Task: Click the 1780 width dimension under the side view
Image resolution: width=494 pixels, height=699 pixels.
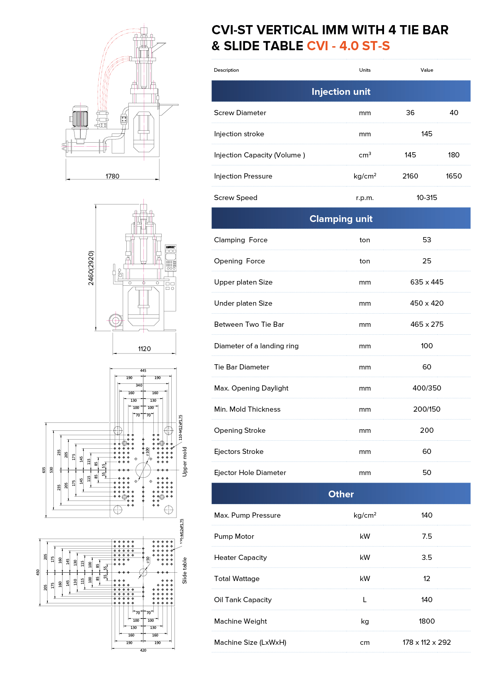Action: [112, 176]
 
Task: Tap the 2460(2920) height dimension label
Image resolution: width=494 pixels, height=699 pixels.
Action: [91, 268]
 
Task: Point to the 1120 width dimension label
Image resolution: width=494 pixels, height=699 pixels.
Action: [144, 349]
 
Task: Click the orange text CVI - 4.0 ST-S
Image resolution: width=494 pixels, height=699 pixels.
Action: [348, 46]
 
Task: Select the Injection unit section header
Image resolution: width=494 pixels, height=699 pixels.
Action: [341, 92]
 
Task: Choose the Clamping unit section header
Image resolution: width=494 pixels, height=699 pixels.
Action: [341, 219]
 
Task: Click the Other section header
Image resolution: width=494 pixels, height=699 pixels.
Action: [341, 494]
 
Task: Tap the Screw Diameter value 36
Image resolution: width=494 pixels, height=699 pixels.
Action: [410, 113]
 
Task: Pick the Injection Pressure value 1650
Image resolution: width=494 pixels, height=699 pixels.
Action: [453, 176]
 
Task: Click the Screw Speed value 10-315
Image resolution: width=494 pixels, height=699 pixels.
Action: [427, 198]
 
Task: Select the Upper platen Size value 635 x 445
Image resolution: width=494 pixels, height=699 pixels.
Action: [427, 282]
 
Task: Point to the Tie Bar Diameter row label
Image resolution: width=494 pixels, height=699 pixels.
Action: [241, 367]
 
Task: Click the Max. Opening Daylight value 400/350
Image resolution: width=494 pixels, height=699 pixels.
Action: [427, 388]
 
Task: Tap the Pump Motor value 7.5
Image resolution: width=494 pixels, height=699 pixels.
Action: [427, 536]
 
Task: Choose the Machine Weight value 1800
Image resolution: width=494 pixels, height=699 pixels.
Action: [427, 621]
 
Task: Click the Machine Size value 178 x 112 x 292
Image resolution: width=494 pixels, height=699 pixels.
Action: [427, 642]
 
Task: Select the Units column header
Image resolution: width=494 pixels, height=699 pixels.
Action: [365, 70]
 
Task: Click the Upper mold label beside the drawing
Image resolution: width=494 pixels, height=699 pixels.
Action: [184, 461]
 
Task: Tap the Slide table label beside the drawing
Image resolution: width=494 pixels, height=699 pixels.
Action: [184, 570]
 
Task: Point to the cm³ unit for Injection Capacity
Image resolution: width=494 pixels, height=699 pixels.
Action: [365, 155]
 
